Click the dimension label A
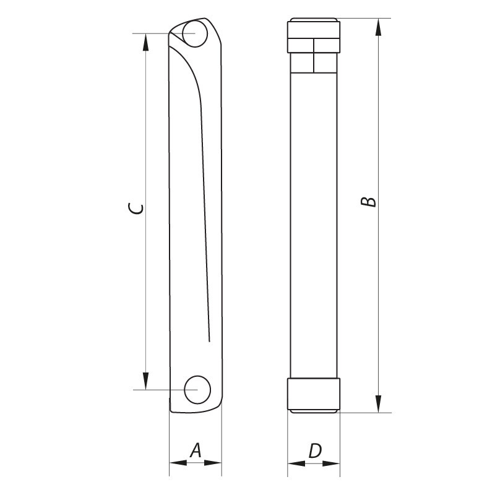click(x=195, y=450)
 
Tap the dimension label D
click(x=314, y=450)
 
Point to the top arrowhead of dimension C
click(x=145, y=40)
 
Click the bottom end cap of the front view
click(x=313, y=394)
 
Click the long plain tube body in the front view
click(x=313, y=223)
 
